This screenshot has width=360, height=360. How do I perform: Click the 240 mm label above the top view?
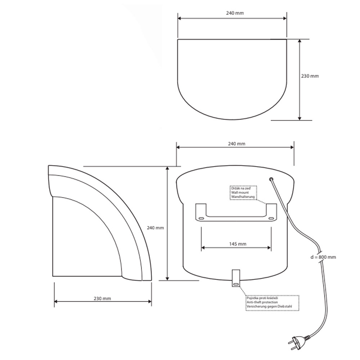point(235,13)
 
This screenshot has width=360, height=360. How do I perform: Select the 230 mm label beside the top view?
point(310,76)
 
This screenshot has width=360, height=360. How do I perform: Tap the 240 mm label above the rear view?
point(237,144)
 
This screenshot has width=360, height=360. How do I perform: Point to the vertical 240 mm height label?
point(156,228)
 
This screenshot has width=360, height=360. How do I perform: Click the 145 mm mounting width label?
point(238,244)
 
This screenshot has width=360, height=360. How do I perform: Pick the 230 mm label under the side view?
point(102,298)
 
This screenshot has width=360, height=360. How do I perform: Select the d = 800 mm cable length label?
point(323,257)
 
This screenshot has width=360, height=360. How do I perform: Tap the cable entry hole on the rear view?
point(271,179)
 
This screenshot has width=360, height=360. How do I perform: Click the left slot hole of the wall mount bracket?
point(201,219)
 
